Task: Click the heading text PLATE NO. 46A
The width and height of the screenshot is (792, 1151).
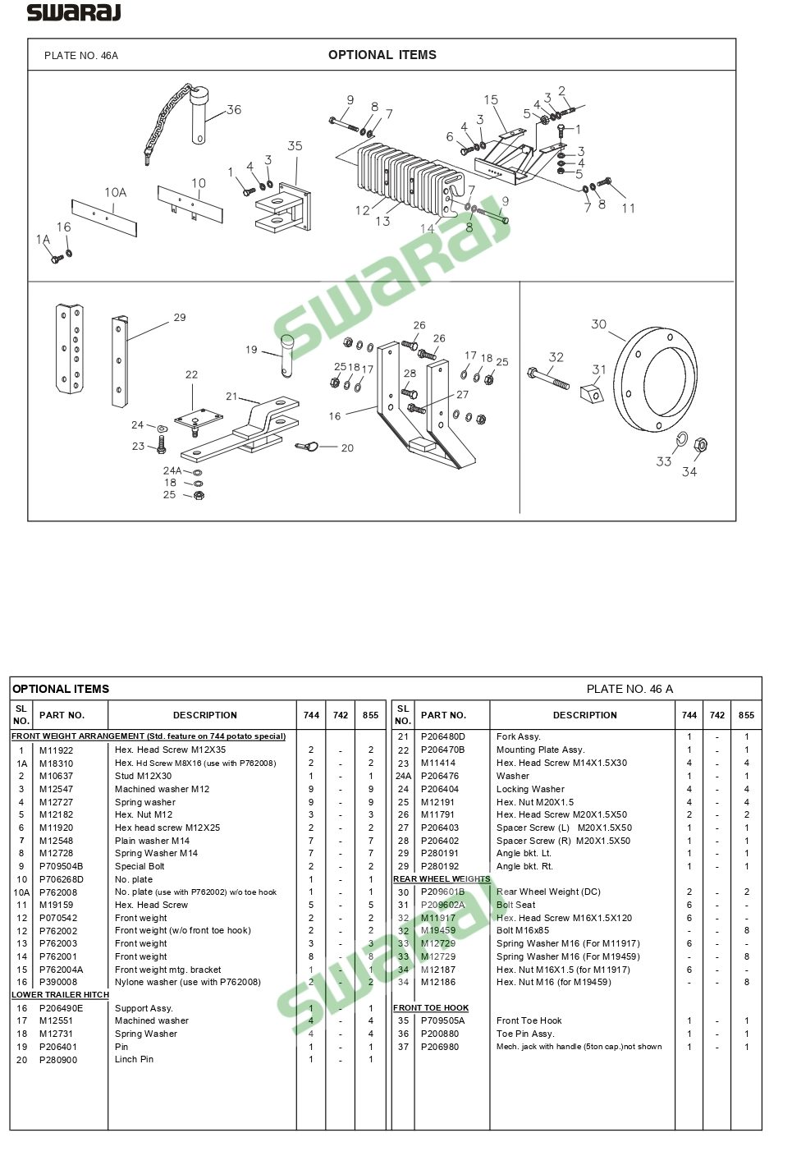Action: pos(81,56)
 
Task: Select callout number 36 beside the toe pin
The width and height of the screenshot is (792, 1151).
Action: pos(234,110)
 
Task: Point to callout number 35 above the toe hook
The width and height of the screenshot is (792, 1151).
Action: pos(295,146)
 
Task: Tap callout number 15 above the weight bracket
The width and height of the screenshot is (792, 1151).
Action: pos(491,100)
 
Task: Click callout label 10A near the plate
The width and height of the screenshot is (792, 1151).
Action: pos(116,192)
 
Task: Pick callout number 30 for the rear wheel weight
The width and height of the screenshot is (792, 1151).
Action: pos(599,324)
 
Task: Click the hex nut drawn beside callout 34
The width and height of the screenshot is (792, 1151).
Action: pos(701,446)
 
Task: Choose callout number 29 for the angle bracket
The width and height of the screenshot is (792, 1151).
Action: pos(180,318)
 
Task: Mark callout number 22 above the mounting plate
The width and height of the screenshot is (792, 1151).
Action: pos(191,375)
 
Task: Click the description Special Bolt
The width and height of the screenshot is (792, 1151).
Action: pos(140,866)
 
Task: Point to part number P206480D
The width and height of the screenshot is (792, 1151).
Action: pos(442,737)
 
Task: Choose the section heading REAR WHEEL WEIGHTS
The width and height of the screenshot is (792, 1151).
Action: pos(442,879)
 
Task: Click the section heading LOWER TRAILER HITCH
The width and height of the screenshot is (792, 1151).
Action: pos(60,995)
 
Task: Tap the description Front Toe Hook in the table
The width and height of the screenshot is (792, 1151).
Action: pos(529,1021)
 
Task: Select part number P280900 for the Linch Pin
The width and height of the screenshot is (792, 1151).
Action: pos(58,1060)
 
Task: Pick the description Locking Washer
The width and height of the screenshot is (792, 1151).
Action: pos(530,789)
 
